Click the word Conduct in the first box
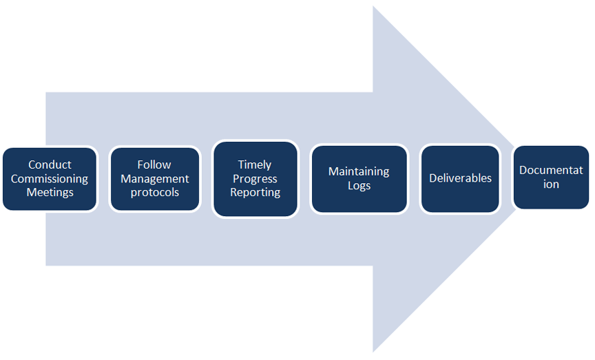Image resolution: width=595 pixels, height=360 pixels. tap(50, 165)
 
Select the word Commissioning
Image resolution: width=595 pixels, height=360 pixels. tap(50, 178)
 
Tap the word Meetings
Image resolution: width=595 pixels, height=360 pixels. tap(50, 192)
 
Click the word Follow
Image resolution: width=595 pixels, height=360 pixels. tap(154, 165)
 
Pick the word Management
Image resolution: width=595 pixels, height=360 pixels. tap(154, 178)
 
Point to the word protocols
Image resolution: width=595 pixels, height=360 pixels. tap(154, 192)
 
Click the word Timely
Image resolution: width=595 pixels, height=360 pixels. tap(255, 165)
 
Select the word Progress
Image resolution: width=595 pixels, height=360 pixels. tap(255, 178)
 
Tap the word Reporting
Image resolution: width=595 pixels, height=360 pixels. tap(255, 192)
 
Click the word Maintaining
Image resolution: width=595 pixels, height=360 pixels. tap(359, 171)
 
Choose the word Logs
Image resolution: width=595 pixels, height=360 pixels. tap(359, 185)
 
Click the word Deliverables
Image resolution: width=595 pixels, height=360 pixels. tap(460, 178)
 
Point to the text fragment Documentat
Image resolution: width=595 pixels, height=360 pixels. tap(551, 170)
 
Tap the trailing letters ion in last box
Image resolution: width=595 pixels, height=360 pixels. tap(551, 184)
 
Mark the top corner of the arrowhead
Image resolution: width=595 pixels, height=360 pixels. tap(373, 6)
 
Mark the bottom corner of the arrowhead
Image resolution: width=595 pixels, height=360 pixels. tap(373, 352)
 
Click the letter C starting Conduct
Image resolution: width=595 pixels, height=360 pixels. tap(32, 165)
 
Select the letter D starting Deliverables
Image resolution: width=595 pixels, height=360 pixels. tap(433, 178)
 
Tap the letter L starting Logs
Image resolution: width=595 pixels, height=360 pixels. tap(349, 185)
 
